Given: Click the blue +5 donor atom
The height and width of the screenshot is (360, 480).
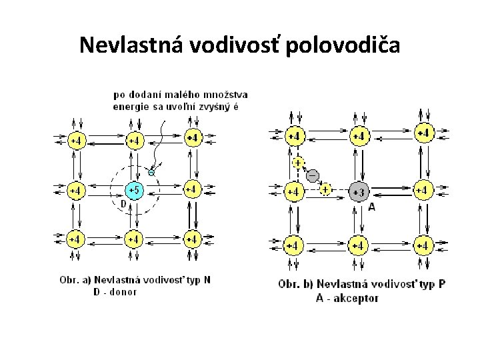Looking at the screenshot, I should (134, 191).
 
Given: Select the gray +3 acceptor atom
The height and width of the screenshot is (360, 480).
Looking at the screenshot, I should (359, 192).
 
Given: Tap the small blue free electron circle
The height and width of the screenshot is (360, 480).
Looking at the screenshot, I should (151, 173).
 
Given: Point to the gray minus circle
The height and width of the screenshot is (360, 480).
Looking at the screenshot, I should (312, 175).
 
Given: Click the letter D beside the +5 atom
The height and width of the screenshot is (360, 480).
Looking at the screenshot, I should (123, 203).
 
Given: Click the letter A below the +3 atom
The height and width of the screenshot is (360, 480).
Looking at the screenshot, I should (371, 207).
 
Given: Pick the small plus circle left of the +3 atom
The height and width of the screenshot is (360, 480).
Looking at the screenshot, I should (325, 190).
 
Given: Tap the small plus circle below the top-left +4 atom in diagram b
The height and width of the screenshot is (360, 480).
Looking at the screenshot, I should (297, 162).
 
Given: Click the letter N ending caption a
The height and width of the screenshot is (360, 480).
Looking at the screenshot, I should (207, 280).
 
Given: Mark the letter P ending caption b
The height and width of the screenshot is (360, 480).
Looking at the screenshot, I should (443, 284).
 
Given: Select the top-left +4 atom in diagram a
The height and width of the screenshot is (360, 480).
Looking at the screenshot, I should (77, 141).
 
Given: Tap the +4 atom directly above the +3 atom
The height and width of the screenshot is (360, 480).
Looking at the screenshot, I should (359, 137).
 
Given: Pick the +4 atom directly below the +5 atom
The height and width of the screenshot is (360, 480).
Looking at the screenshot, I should (134, 238).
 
